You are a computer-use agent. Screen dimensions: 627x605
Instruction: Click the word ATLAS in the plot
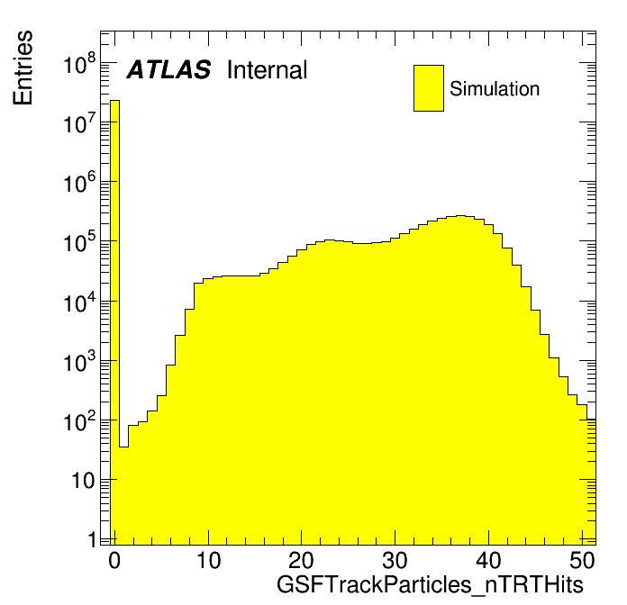tap(168, 69)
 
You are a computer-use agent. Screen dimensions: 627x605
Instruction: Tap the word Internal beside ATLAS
tap(268, 69)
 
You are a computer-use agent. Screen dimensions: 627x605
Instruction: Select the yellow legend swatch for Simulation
tap(429, 88)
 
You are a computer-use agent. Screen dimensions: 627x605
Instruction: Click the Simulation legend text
tap(495, 88)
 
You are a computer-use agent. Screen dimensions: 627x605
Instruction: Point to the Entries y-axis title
tap(23, 68)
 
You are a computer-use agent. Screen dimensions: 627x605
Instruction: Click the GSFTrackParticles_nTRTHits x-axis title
tap(430, 584)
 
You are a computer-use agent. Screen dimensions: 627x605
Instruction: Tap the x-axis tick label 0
tap(114, 560)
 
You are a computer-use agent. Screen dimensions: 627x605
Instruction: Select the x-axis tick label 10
tap(208, 560)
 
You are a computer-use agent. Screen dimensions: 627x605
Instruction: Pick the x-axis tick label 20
tap(301, 560)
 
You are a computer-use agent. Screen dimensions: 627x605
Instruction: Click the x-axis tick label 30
tap(395, 560)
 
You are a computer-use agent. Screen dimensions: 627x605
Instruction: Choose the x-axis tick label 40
tap(488, 560)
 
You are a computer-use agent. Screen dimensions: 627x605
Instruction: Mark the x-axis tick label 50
tap(582, 560)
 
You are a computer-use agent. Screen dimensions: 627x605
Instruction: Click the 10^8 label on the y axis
tap(79, 64)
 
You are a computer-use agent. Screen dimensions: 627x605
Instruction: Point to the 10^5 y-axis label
tap(79, 242)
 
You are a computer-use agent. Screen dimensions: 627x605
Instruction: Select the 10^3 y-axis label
tap(79, 361)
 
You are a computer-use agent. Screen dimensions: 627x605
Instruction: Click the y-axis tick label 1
tap(93, 539)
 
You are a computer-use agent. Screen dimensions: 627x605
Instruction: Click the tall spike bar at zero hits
tap(114, 320)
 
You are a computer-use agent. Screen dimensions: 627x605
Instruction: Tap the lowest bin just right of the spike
tap(124, 495)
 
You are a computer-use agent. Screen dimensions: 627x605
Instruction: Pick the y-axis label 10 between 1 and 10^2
tap(83, 481)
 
